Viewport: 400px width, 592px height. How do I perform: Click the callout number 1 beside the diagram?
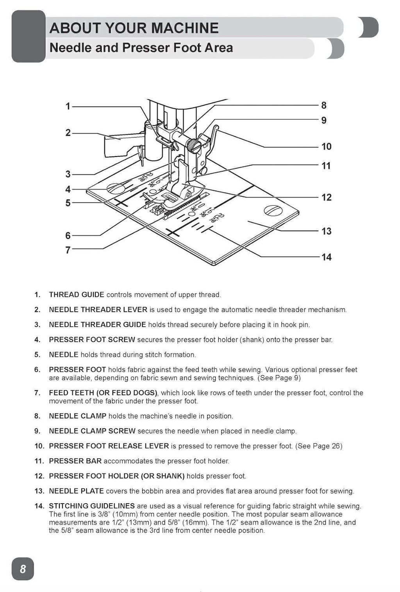click(68, 106)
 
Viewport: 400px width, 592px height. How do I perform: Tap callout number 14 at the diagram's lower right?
click(326, 257)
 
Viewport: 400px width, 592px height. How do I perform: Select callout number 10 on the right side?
click(326, 146)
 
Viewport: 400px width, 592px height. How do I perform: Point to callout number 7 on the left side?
click(68, 250)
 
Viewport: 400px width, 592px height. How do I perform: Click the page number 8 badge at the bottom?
click(23, 569)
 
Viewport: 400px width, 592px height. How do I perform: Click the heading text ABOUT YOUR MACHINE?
click(134, 28)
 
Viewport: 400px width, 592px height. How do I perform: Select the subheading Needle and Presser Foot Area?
click(141, 48)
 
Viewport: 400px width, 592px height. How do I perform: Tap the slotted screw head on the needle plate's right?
click(272, 210)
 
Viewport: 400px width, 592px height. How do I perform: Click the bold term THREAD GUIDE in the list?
click(77, 295)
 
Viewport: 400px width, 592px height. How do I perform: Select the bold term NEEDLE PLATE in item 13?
click(76, 491)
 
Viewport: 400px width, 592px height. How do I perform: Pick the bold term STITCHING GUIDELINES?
click(92, 506)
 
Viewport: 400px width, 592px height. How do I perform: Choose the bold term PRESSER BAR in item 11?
click(75, 461)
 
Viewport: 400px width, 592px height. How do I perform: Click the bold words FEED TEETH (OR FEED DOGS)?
click(103, 393)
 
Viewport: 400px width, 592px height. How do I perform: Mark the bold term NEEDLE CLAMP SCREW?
click(92, 431)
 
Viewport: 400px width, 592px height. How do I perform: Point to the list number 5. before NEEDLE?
click(37, 355)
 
